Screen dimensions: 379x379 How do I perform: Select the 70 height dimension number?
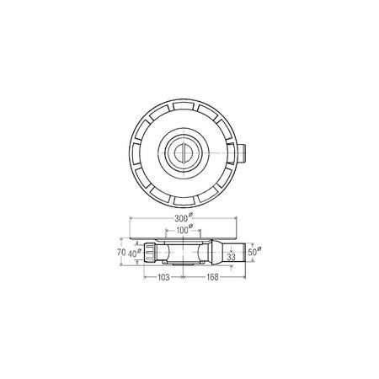tap(121, 252)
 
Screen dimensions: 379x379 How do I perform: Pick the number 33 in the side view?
tap(231, 257)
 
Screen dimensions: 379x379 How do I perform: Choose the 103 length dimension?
tap(163, 277)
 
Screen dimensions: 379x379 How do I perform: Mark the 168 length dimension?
tap(212, 277)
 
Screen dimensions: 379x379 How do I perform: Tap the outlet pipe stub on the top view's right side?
tap(242, 153)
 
